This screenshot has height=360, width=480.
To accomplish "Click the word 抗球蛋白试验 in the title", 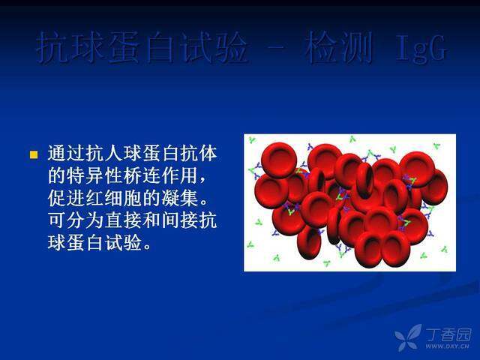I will coord(142,48).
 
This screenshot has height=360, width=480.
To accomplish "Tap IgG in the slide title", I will coord(421,49).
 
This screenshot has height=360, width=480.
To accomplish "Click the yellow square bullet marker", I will coord(33,155).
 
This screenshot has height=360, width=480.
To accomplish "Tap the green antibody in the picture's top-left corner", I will coord(252,140).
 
